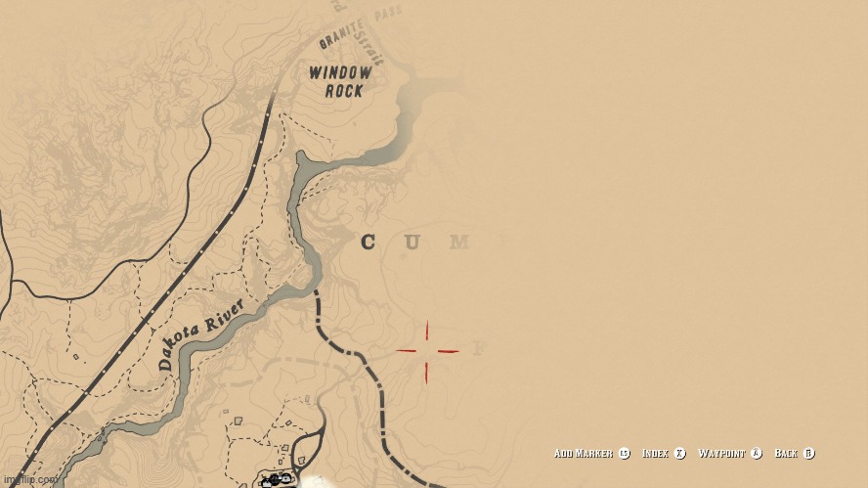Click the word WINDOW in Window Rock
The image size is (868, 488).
(x=340, y=72)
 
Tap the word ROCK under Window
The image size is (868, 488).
(x=344, y=91)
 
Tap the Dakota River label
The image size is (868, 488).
(x=200, y=334)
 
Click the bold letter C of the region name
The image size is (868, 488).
(x=368, y=243)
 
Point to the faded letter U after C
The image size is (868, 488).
(x=412, y=243)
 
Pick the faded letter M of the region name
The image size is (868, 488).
(x=459, y=243)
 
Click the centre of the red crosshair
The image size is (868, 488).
(x=427, y=351)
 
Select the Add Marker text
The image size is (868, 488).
(x=584, y=453)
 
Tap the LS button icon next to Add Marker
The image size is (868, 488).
(x=624, y=453)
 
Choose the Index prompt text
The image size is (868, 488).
(x=656, y=453)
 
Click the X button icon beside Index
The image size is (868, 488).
(x=679, y=453)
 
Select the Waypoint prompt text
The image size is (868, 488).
(x=721, y=453)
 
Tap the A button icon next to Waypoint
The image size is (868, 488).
(x=756, y=453)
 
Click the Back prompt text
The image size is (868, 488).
(x=786, y=453)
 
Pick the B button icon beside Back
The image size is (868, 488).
(x=808, y=453)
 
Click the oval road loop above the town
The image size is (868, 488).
(x=310, y=450)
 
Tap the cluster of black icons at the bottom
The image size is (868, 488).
(x=276, y=479)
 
